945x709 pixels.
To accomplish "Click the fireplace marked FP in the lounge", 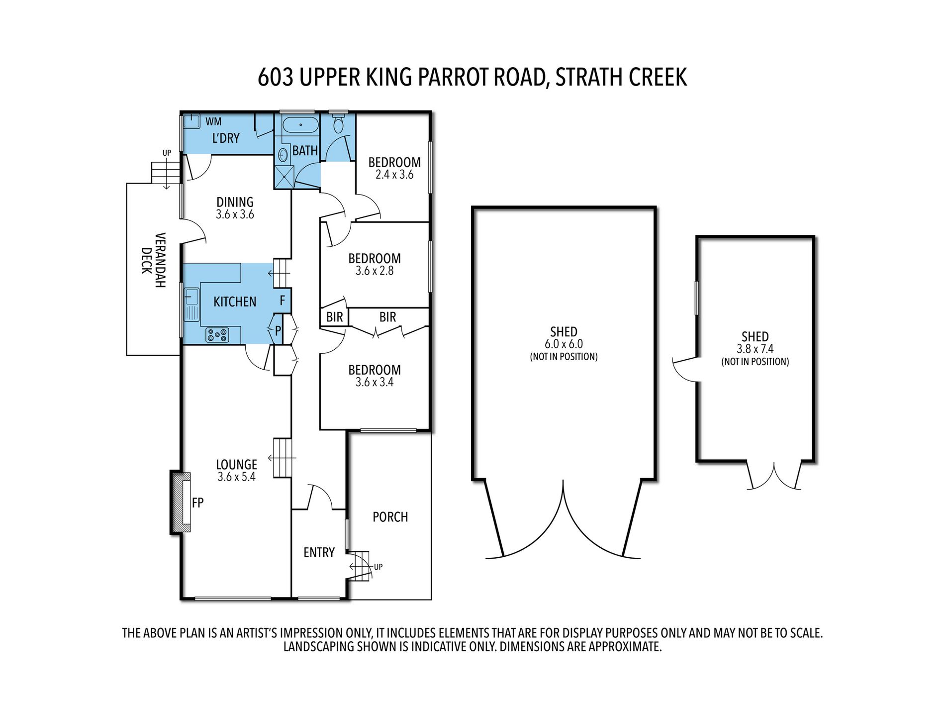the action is (180, 503).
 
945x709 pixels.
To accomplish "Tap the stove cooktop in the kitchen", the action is (217, 335).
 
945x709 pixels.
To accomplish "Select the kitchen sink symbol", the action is (191, 305).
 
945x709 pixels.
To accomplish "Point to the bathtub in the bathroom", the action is (300, 125).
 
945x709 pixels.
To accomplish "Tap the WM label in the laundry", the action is (213, 121).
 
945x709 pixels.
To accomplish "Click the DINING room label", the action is (235, 202).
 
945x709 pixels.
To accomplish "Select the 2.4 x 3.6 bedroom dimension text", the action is (394, 175).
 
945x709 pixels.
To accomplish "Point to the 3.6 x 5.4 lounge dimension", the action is (236, 477).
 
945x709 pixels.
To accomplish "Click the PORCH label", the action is (390, 517).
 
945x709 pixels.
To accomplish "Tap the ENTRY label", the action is (319, 553).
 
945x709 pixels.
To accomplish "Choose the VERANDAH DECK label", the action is (153, 260).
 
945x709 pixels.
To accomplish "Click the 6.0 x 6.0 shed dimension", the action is (564, 344).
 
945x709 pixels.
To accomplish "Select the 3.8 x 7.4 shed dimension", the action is (755, 349).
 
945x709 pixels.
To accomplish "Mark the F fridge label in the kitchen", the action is (283, 301).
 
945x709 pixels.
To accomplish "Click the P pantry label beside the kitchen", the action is (278, 330).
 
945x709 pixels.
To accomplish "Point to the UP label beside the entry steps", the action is (378, 567).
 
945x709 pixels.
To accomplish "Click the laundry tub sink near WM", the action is (191, 121).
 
